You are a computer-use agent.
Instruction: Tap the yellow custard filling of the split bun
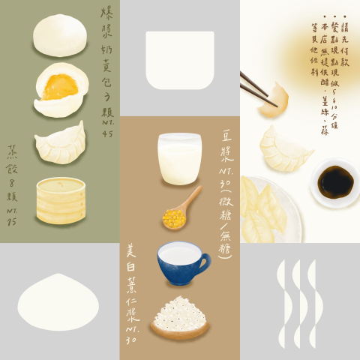click(x=54, y=85)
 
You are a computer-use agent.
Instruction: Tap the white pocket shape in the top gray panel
click(x=180, y=59)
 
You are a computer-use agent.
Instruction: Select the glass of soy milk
click(x=179, y=159)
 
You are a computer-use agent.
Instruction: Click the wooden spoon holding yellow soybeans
click(x=181, y=210)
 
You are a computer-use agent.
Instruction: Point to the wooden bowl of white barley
click(x=179, y=316)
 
